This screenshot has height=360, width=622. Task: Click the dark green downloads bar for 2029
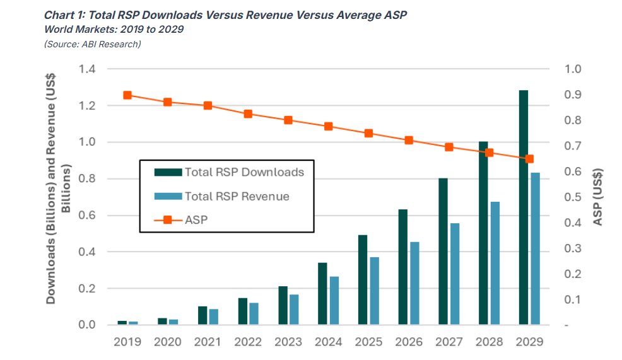pyautogui.click(x=523, y=208)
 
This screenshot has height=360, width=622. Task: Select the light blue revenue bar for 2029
pyautogui.click(x=535, y=249)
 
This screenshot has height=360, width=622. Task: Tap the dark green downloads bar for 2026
pyautogui.click(x=402, y=267)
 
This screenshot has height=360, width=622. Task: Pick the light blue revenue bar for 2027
pyautogui.click(x=455, y=274)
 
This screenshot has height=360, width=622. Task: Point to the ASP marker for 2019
pyautogui.click(x=127, y=95)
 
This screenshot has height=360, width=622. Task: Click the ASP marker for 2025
pyautogui.click(x=369, y=133)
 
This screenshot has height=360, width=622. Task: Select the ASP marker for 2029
pyautogui.click(x=530, y=159)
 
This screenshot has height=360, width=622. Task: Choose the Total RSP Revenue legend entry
pyautogui.click(x=237, y=196)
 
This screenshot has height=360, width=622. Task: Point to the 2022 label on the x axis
pyautogui.click(x=248, y=342)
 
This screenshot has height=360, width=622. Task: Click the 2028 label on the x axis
pyautogui.click(x=490, y=342)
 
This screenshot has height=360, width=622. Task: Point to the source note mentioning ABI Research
pyautogui.click(x=92, y=44)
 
